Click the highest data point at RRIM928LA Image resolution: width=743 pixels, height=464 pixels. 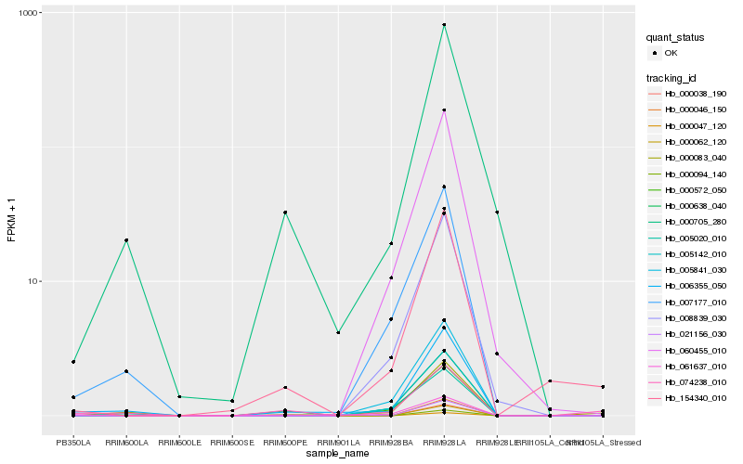click(x=444, y=25)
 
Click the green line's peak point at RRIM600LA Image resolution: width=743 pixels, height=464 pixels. click(x=126, y=240)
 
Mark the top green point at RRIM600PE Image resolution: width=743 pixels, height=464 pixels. click(x=285, y=213)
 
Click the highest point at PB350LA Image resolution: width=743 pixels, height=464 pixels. click(x=73, y=361)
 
